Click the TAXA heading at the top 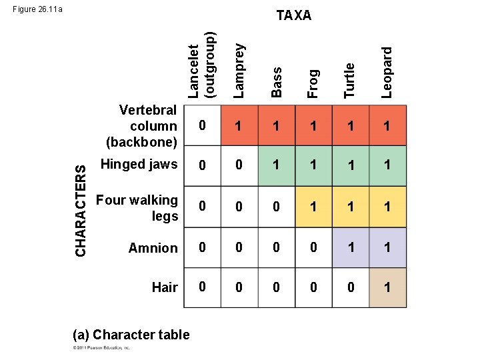[x=293, y=15]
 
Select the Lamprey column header [x=240, y=70]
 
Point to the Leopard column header [x=387, y=72]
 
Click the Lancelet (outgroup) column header [x=202, y=65]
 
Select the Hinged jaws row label [x=138, y=165]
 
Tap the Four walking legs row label [x=137, y=208]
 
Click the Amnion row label [x=153, y=248]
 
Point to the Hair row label [x=164, y=287]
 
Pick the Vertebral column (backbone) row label [x=142, y=125]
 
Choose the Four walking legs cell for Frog [x=313, y=207]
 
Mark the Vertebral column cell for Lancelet [x=202, y=126]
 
